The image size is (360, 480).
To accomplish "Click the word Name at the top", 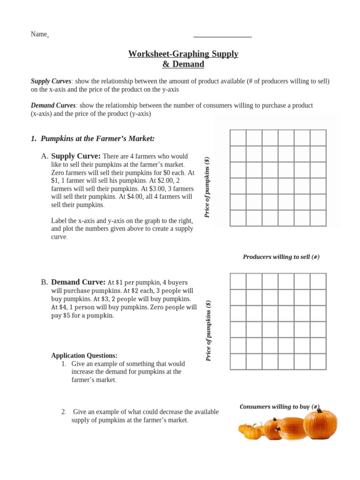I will [39, 34].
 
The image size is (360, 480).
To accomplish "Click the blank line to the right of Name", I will [222, 36].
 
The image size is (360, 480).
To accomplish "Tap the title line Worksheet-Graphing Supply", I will [183, 54].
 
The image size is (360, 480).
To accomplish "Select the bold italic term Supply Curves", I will [51, 81].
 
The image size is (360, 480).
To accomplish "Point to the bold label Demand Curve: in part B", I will [78, 282].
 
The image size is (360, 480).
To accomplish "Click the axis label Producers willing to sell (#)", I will [281, 257].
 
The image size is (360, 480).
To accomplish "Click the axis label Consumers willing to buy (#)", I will [279, 406].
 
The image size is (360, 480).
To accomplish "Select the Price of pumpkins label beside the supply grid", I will [207, 187].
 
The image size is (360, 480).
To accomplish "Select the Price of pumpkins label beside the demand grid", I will [209, 331].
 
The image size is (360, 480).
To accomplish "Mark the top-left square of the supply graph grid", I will [238, 138].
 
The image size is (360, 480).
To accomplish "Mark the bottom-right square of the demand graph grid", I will [318, 361].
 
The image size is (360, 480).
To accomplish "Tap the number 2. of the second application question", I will [64, 412].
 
